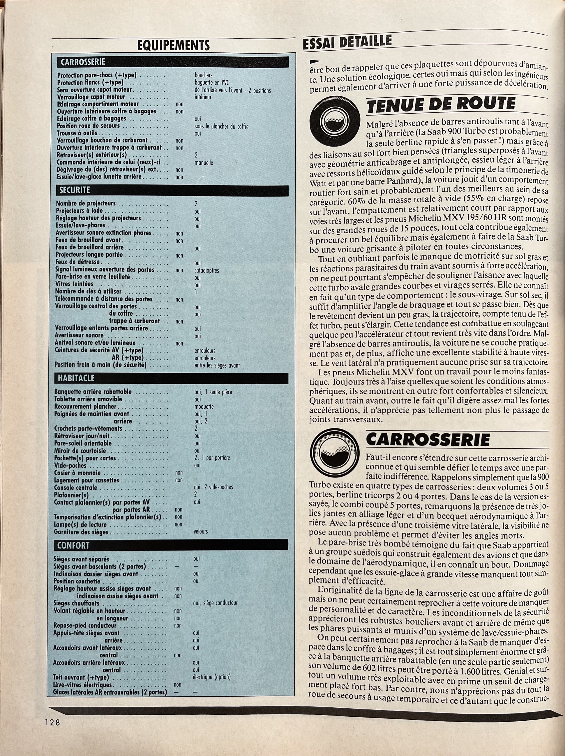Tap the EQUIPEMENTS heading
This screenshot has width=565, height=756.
coord(173,45)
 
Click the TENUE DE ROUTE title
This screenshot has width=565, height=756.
coord(441,104)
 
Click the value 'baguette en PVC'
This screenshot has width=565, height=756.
coord(212,82)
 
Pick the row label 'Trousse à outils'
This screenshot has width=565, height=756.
coord(77,133)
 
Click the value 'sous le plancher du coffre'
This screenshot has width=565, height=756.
coord(221,127)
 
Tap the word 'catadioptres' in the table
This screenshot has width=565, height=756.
coord(206,270)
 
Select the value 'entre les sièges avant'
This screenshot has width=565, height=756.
coord(217,365)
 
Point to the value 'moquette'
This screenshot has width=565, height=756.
coord(204,407)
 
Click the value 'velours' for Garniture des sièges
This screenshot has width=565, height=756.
coord(201,531)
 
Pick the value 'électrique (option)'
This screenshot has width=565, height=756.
coord(212,677)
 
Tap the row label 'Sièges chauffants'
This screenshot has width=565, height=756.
coord(76,603)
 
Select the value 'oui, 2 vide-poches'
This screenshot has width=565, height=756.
coord(213,487)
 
